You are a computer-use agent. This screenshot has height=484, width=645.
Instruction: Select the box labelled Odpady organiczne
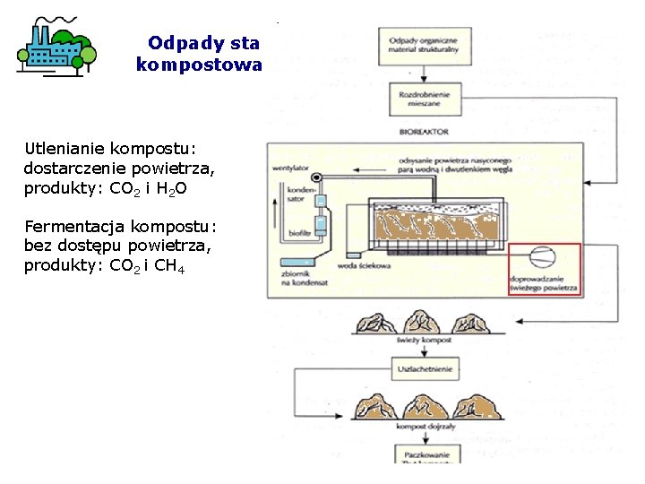tap(424, 43)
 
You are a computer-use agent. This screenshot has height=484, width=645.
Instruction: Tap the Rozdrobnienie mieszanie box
tap(424, 99)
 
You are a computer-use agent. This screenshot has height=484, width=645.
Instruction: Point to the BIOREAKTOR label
tap(424, 131)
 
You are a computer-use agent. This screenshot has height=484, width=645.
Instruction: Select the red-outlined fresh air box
tap(545, 269)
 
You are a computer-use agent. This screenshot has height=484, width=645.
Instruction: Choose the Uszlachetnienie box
tap(424, 367)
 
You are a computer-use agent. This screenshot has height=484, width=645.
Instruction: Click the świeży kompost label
tap(424, 341)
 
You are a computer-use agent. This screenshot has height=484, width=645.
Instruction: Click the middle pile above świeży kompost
tap(424, 322)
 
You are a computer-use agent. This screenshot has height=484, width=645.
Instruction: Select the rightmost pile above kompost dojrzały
tap(475, 408)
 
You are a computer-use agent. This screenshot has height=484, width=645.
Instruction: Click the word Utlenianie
tap(62, 148)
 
